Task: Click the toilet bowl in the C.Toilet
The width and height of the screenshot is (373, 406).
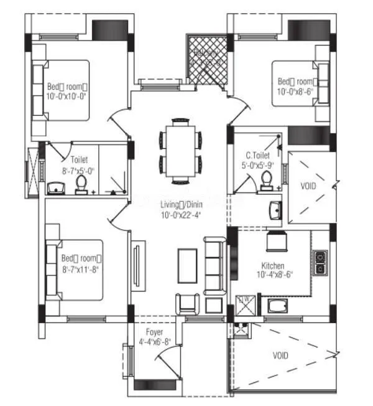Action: [x=267, y=181]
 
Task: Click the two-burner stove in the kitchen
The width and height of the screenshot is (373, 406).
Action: [x=320, y=262]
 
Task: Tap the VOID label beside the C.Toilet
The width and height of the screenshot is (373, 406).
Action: [x=309, y=186]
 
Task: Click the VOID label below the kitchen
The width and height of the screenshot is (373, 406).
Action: [x=280, y=356]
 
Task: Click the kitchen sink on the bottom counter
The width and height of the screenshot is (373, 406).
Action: [x=276, y=306]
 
